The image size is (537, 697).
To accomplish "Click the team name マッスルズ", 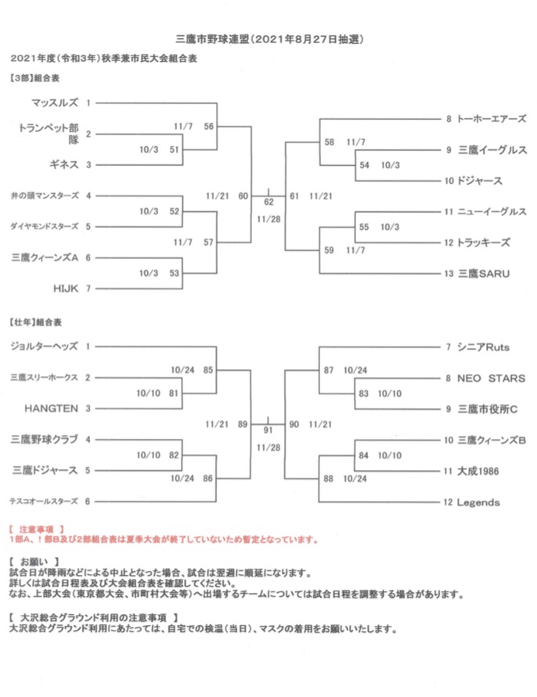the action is pyautogui.click(x=54, y=102).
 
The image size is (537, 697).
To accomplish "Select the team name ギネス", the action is pyautogui.click(x=64, y=164).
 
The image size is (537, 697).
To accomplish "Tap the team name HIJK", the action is pyautogui.click(x=66, y=289).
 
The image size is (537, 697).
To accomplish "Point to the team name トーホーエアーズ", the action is pyautogui.click(x=492, y=119).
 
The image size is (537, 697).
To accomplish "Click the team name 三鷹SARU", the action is pyautogui.click(x=484, y=273).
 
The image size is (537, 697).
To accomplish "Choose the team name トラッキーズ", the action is pyautogui.click(x=484, y=243).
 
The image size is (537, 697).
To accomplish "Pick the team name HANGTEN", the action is pyautogui.click(x=51, y=408).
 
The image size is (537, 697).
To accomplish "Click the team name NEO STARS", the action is pyautogui.click(x=491, y=379).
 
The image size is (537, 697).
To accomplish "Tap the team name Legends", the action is pyautogui.click(x=478, y=502).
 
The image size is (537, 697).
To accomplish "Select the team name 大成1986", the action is pyautogui.click(x=478, y=471).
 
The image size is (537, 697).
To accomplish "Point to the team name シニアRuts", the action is pyautogui.click(x=483, y=347).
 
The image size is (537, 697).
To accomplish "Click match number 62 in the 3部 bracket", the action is pyautogui.click(x=268, y=202).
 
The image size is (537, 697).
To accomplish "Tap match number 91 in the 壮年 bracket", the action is pyautogui.click(x=268, y=429).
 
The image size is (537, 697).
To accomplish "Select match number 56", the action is pyautogui.click(x=209, y=126).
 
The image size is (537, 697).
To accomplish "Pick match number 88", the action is pyautogui.click(x=328, y=478).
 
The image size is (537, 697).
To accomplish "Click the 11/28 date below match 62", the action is pyautogui.click(x=268, y=219).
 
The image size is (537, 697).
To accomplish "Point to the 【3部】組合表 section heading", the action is pyautogui.click(x=34, y=78).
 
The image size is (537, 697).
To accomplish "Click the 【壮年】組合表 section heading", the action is pyautogui.click(x=35, y=322).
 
